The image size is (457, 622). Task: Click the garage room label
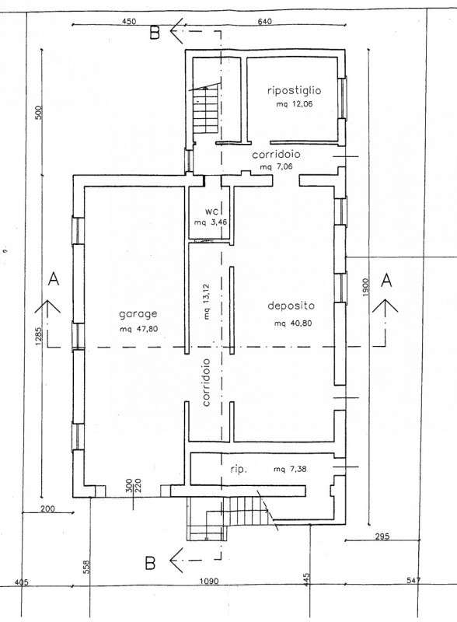tap(138, 314)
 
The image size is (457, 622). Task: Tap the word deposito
tap(291, 306)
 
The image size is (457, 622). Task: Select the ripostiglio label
tap(294, 90)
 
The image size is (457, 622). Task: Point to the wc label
tap(211, 211)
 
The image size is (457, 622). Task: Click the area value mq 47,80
tap(138, 329)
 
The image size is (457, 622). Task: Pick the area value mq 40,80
tap(293, 323)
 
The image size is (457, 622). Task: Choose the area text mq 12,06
tap(295, 105)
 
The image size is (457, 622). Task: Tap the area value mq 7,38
tap(290, 470)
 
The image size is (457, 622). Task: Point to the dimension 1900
tap(365, 287)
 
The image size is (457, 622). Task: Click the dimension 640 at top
tap(264, 22)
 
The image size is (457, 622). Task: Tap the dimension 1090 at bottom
tap(209, 581)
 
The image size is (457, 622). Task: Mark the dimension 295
tap(382, 536)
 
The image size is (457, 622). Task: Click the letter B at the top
tap(155, 33)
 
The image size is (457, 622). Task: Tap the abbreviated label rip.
tap(239, 470)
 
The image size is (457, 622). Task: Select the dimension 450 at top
tap(129, 22)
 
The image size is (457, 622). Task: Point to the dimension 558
tap(88, 567)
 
